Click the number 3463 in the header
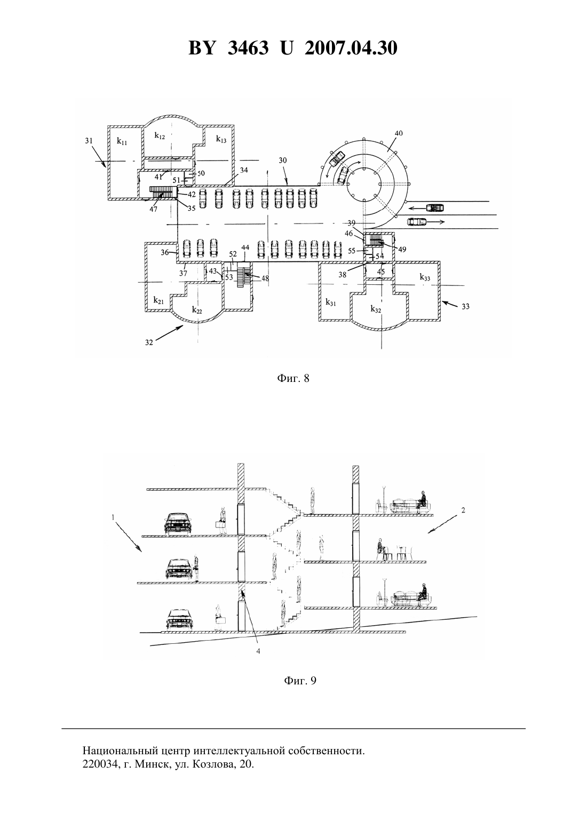[x=248, y=48]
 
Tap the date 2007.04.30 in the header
[x=351, y=48]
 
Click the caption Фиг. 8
[x=293, y=378]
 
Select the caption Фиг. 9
[x=300, y=681]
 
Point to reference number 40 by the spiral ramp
[x=399, y=133]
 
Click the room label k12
[x=160, y=135]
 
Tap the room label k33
[x=425, y=277]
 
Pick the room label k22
[x=197, y=309]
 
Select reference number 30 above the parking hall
[x=283, y=161]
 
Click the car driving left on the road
[x=435, y=208]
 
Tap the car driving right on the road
[x=417, y=221]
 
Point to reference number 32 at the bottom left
[x=149, y=342]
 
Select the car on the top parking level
[x=177, y=524]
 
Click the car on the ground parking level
[x=180, y=620]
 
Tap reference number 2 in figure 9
[x=463, y=510]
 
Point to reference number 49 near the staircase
[x=402, y=249]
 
